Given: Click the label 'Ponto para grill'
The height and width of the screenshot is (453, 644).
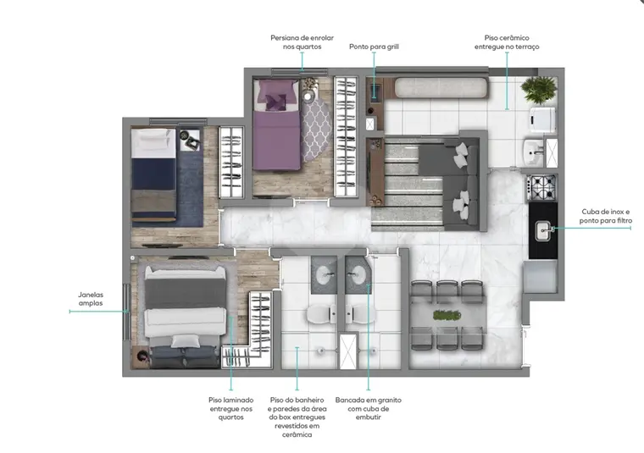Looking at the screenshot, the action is [374, 47].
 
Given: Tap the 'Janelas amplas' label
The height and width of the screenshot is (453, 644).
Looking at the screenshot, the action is [91, 299].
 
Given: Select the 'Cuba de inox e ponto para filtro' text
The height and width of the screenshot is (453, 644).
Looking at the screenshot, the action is [605, 216].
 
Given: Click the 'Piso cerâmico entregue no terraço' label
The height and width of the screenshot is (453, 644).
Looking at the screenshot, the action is [507, 42].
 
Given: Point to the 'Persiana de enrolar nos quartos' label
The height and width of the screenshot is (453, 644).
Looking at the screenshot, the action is [302, 42].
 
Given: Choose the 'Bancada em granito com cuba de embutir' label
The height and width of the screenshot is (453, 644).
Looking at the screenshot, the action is [368, 408].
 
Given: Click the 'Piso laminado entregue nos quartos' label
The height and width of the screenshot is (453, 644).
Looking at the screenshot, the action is [230, 408].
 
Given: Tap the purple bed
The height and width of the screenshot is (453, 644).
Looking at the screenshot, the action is [276, 125].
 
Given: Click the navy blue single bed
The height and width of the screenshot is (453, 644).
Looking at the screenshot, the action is [153, 174].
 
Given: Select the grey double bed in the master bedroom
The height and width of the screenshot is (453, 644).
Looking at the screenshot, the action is [185, 316].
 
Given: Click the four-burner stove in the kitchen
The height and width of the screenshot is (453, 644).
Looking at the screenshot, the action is [542, 186].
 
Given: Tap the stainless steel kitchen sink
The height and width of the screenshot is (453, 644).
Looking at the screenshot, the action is [543, 230].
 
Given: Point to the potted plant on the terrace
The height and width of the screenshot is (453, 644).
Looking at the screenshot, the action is [538, 90].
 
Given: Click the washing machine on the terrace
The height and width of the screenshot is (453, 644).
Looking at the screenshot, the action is [542, 120].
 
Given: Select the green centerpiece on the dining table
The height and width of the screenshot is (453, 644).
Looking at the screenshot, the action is [447, 315].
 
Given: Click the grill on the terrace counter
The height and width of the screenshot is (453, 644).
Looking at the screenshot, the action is [375, 92].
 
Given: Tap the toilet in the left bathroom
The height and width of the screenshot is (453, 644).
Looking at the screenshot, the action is [322, 314].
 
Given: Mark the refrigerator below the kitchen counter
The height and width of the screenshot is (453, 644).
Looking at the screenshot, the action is [540, 277].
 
